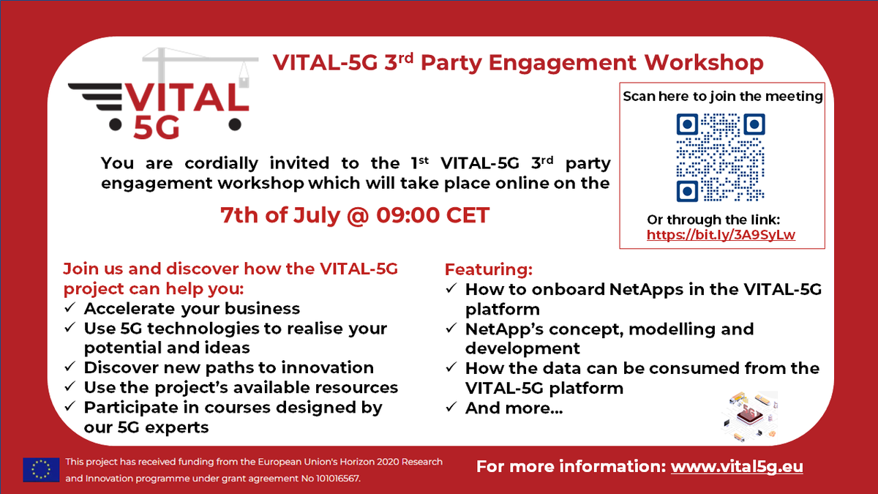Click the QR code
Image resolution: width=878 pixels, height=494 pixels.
coord(721,157)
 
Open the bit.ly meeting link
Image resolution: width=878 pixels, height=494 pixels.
coord(721,235)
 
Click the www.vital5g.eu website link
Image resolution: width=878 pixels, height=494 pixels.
coord(737,466)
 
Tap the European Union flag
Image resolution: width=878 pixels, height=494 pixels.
coord(41,469)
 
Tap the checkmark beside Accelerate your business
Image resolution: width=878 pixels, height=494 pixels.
coord(70,308)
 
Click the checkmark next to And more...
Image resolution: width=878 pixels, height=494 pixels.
coord(451,408)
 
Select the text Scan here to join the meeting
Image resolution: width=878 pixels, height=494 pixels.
coord(722,96)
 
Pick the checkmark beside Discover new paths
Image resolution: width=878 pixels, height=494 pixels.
coord(70,367)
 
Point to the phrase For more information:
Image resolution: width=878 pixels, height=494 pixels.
coord(571,466)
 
